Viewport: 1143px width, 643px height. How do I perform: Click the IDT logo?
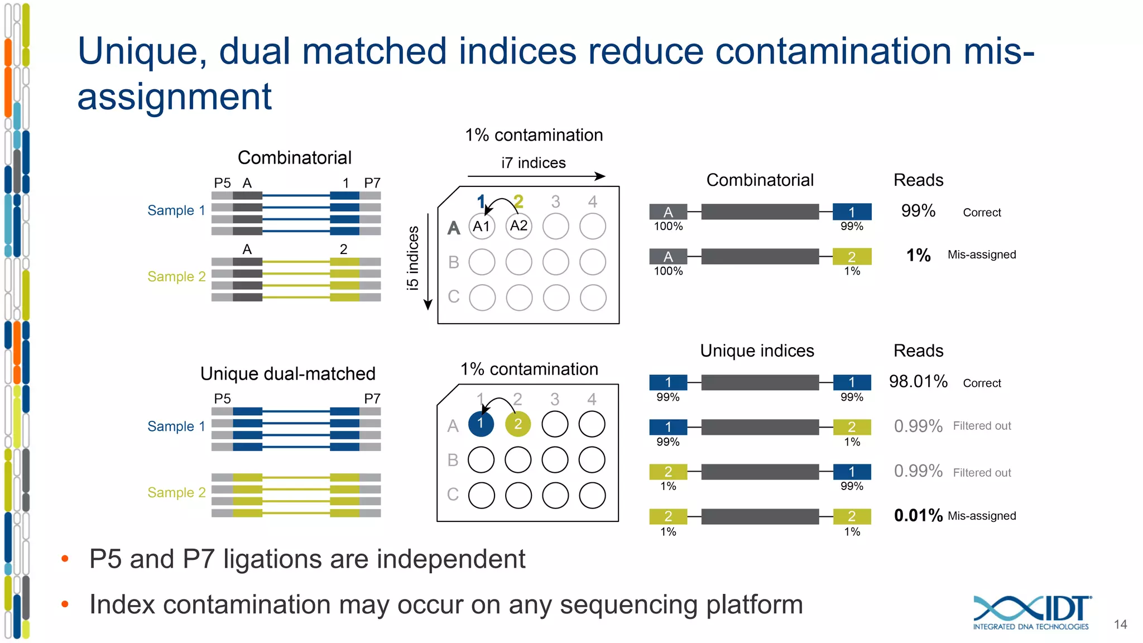coord(1031,612)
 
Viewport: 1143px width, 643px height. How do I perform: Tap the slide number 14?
coord(1120,625)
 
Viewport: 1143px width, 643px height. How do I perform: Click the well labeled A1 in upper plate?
coord(482,226)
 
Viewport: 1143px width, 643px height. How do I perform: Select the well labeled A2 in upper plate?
coord(518,226)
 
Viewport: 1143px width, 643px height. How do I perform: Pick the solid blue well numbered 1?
coord(481,424)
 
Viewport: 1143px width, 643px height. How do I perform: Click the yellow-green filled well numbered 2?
coord(518,424)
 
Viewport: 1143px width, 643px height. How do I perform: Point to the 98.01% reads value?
coord(918,382)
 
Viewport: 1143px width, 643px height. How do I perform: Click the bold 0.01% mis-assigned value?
coord(918,515)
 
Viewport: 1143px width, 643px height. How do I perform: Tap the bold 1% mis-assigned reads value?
coord(918,256)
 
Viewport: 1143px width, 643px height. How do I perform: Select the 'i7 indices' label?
coord(533,163)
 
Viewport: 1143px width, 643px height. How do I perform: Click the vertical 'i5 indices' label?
coord(413,258)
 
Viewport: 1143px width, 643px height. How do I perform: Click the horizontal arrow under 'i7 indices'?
coord(536,176)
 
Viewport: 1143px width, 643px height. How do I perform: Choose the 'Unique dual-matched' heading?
coord(288,373)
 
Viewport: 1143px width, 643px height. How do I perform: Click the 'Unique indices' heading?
coord(757,351)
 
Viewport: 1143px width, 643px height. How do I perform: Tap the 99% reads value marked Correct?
coord(918,211)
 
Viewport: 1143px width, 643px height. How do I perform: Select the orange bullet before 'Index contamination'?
coord(65,604)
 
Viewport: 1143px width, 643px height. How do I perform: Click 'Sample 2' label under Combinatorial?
coord(176,276)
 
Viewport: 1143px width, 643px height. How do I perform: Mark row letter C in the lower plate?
coord(453,495)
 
